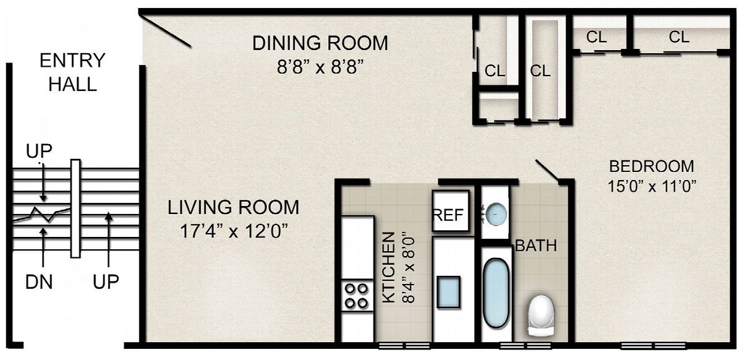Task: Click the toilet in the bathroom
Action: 541,315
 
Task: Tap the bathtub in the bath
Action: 496,293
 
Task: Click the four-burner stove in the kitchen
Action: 357,296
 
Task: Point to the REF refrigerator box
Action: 451,211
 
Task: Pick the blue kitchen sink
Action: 449,292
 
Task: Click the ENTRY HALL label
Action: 72,72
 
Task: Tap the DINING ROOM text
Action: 320,43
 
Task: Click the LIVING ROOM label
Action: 234,207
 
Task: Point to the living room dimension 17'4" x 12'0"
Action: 234,231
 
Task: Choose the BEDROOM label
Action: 652,166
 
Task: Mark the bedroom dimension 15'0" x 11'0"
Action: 652,186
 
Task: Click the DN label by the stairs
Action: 39,283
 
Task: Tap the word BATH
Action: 536,246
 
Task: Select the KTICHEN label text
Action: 389,268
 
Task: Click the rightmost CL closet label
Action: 679,36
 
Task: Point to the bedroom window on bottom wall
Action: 653,345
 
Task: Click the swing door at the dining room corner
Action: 166,30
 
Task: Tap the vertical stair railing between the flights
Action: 75,208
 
